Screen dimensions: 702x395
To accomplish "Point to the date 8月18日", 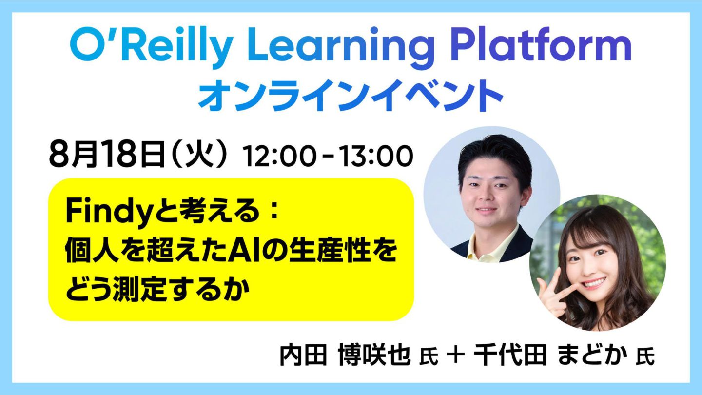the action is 107,156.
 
